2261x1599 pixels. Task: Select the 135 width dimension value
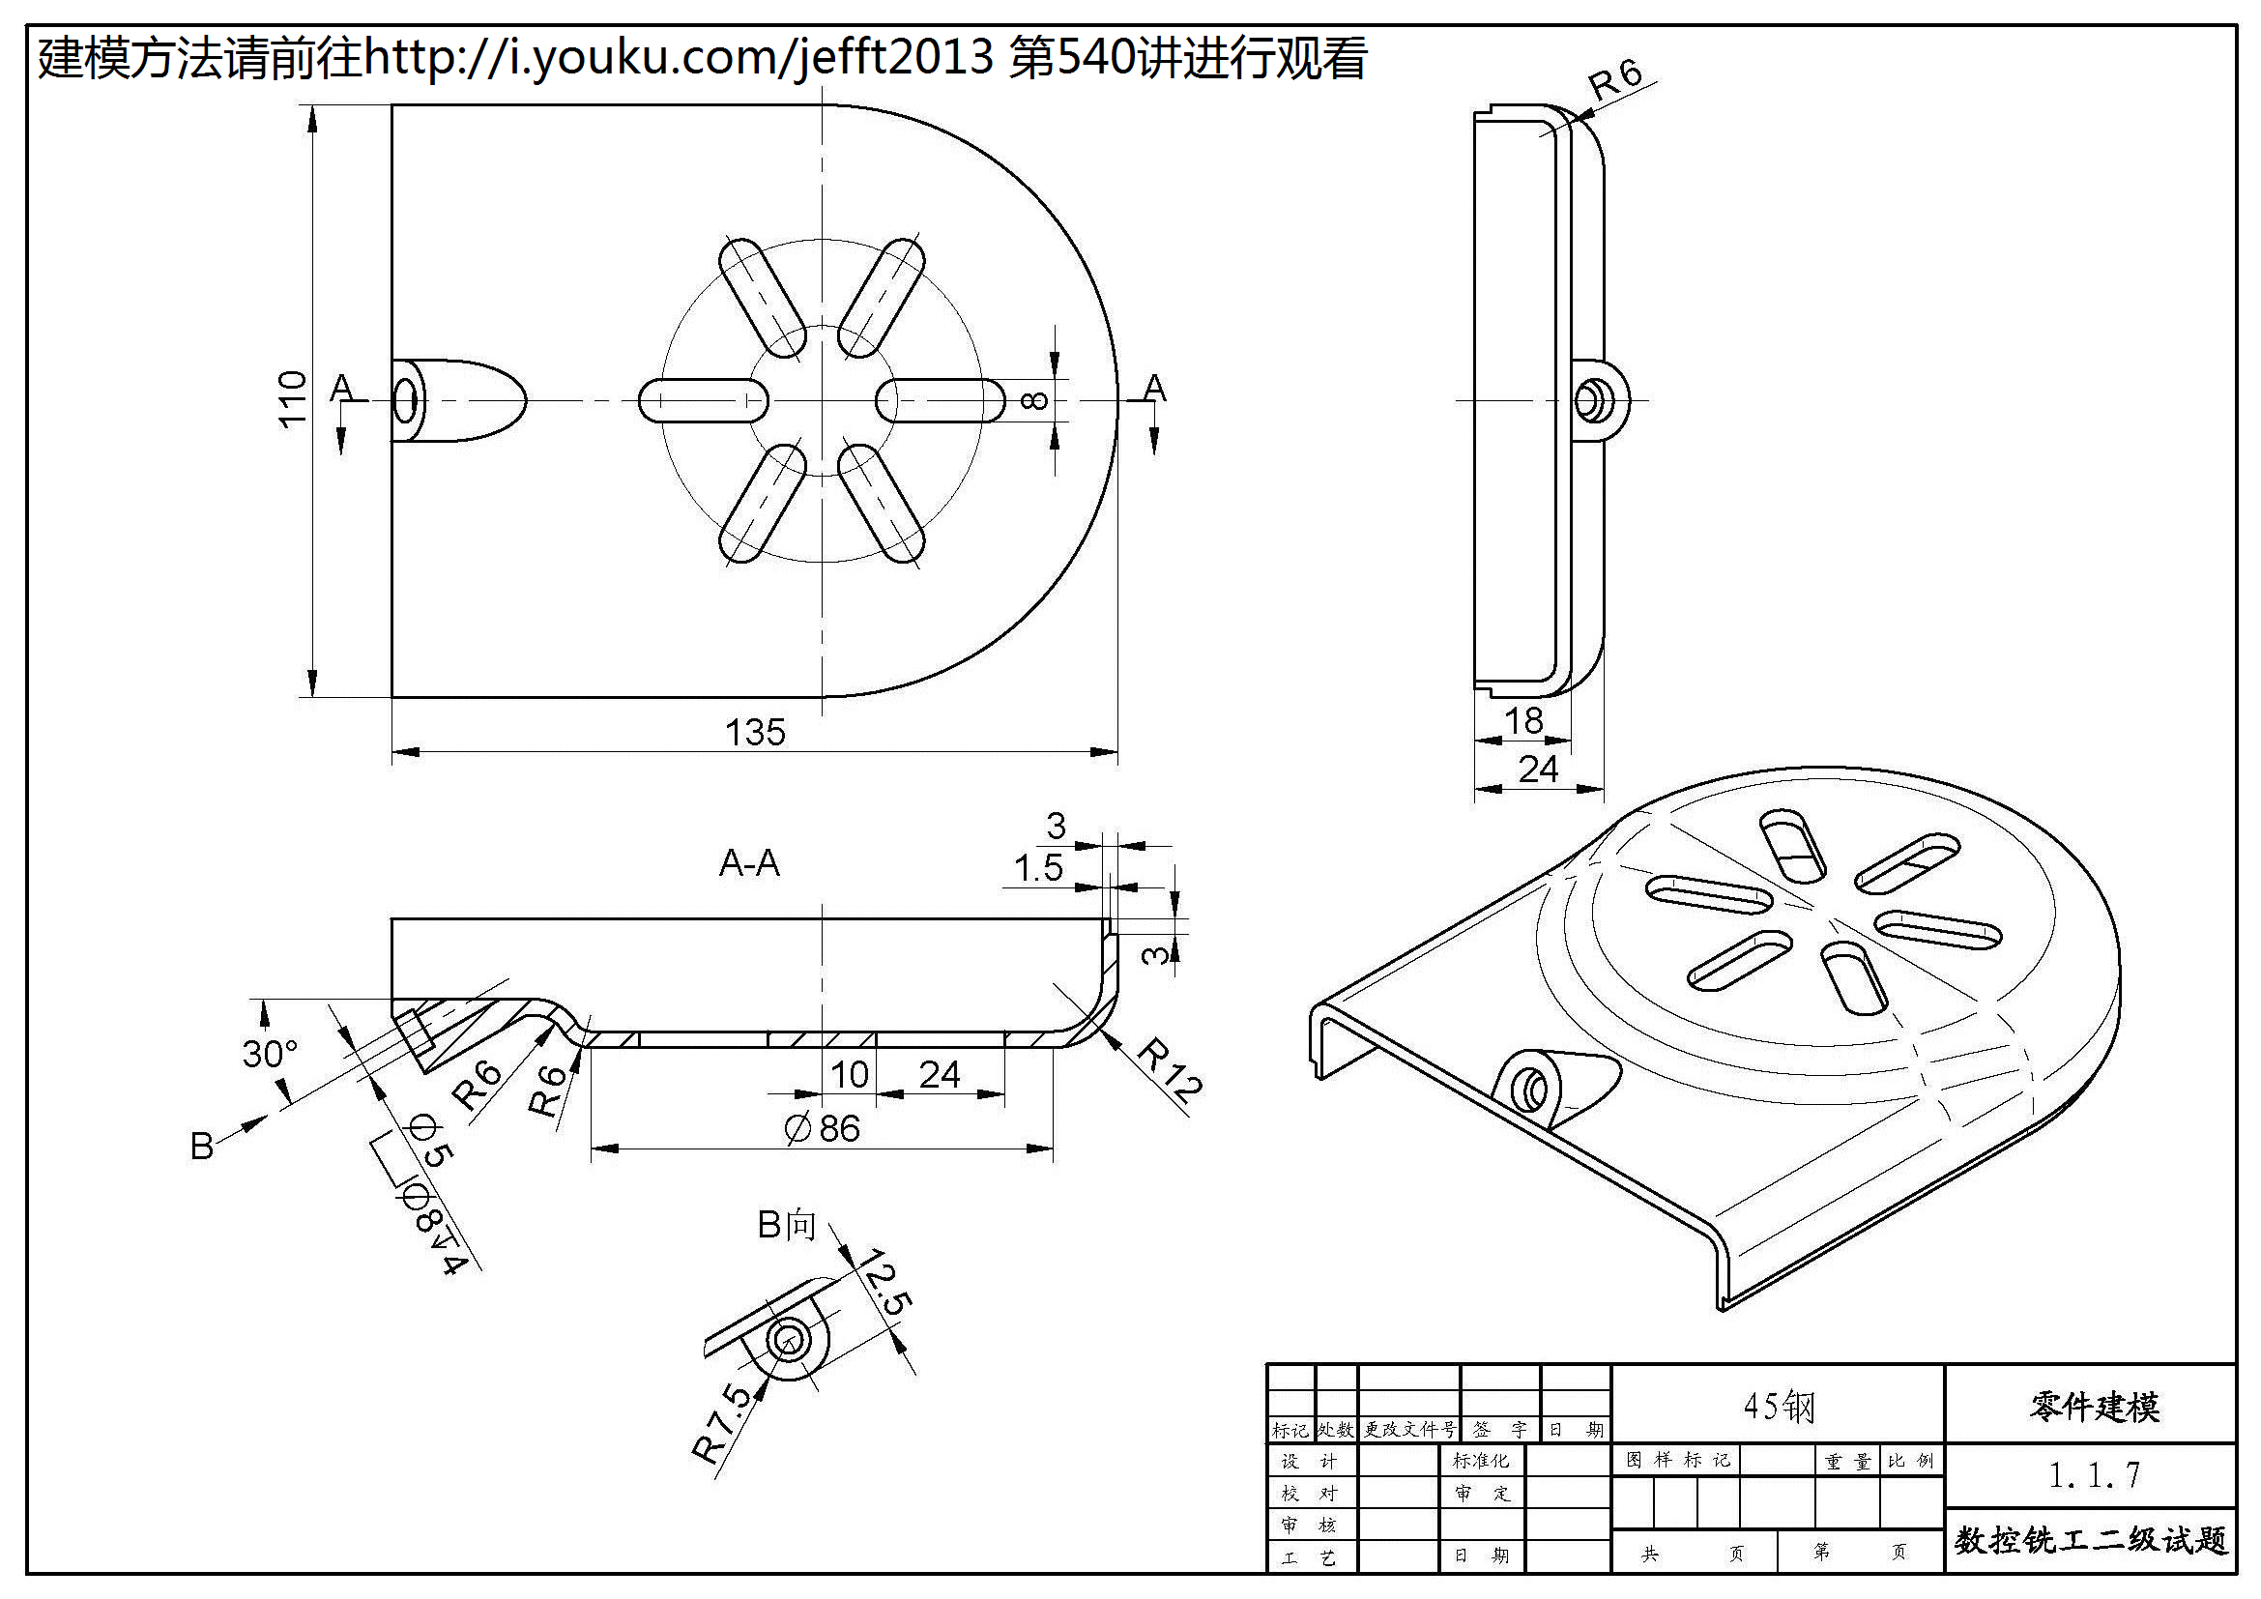[x=754, y=733]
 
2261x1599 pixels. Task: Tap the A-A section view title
[x=748, y=863]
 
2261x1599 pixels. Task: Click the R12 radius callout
[x=1170, y=1069]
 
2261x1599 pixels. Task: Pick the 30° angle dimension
[x=269, y=1055]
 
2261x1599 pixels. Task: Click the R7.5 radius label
[x=721, y=1423]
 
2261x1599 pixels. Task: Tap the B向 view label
[x=786, y=1225]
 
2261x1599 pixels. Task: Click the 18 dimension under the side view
[x=1522, y=722]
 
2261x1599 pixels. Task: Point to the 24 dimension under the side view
[x=1538, y=769]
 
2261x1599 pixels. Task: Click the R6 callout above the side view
[x=1616, y=78]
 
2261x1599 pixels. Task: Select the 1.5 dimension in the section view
[x=1038, y=868]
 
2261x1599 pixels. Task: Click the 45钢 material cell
[x=1778, y=1406]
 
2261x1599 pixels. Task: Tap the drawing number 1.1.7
[x=2094, y=1475]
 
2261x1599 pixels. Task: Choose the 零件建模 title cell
[x=2094, y=1407]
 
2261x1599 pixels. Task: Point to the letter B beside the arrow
[x=202, y=1147]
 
